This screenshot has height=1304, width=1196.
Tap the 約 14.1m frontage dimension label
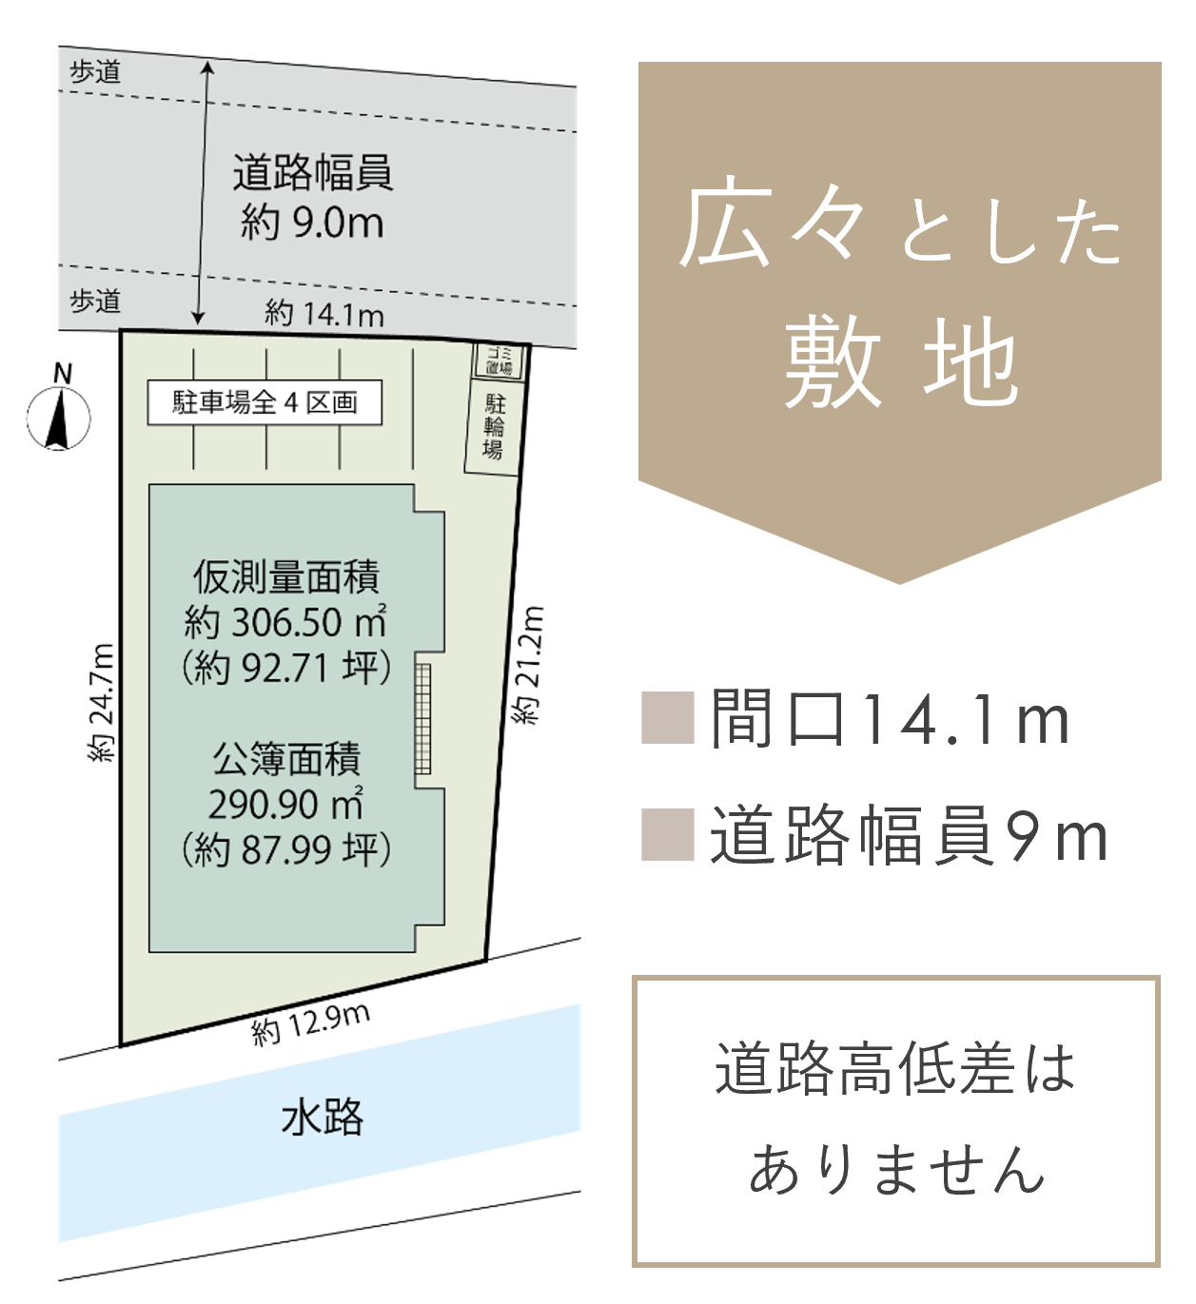point(324,314)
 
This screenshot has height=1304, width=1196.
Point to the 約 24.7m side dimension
point(102,702)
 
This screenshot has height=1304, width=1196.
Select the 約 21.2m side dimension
point(528,665)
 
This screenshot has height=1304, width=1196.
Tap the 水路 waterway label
point(323,1118)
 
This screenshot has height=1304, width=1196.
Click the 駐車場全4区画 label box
point(265,403)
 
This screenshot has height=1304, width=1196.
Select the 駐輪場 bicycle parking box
point(494,427)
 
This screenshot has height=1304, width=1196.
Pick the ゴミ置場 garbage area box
point(500,360)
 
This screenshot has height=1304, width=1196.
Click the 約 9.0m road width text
point(312,223)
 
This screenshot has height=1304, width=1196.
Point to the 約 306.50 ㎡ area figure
point(285,621)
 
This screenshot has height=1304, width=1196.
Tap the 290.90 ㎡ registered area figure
point(285,804)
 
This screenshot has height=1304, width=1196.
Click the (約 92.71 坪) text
point(286,668)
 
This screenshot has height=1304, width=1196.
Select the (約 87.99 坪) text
point(286,849)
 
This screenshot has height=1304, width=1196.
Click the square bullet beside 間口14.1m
point(668,718)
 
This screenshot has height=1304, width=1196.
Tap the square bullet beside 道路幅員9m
point(668,835)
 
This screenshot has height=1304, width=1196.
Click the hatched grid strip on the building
point(422,719)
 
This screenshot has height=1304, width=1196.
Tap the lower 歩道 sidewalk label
point(95,302)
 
